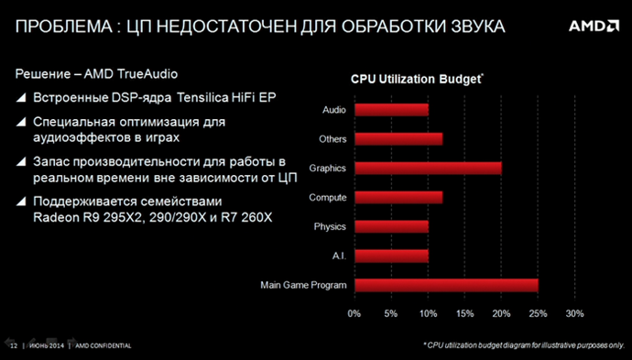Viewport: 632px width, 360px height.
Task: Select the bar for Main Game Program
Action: pos(446,286)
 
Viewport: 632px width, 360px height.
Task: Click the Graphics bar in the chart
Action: pos(428,168)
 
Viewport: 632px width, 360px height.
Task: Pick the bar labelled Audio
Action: pos(391,110)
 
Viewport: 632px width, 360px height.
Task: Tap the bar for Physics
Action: pos(391,226)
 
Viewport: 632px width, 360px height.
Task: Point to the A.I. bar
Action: pos(391,256)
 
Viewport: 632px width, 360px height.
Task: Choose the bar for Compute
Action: pos(398,197)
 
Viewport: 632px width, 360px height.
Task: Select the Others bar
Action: pos(398,139)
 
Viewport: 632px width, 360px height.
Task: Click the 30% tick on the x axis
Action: pos(574,313)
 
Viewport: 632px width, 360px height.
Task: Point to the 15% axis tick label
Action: pos(464,313)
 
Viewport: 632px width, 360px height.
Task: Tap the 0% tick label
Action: pos(354,313)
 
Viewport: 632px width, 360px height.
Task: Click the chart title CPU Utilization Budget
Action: pos(415,80)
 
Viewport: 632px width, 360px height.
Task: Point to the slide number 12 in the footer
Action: pos(13,346)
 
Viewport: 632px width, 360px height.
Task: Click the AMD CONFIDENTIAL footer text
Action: pos(103,346)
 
